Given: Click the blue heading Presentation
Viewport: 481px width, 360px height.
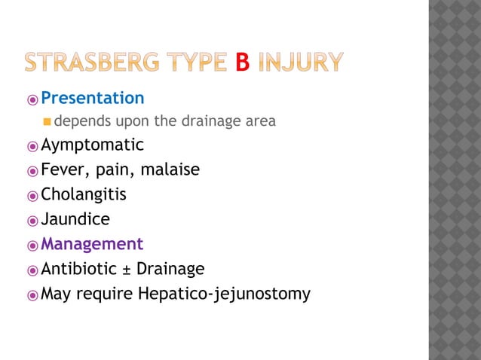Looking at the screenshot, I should coord(92,98).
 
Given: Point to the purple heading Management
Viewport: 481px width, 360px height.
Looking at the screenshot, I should coord(92,244).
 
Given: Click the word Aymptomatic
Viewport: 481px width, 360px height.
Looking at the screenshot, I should coord(92,145).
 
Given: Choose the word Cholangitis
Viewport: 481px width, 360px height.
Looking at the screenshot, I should coord(84,194).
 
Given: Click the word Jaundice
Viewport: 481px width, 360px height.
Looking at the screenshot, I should coord(75,219).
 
